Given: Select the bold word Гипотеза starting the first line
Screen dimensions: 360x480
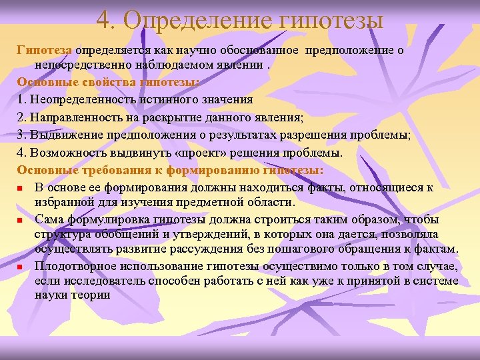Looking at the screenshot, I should click(x=45, y=50).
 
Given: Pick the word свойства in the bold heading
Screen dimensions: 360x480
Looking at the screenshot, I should click(x=105, y=83).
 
